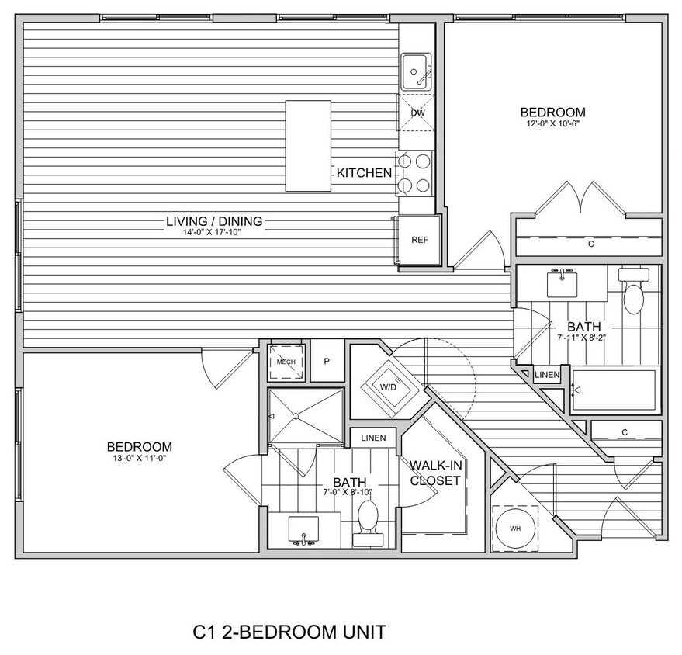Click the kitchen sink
pos(417,72)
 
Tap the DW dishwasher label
pos(417,113)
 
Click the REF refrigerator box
pos(419,240)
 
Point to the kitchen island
pos(308,146)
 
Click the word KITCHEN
pos(364,173)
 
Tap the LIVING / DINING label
pos(214,221)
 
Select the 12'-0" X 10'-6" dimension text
pos(552,123)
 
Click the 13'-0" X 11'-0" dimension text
pos(139,458)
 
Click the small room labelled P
pos(327,362)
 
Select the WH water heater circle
pos(515,529)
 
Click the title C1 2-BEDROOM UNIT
pos(289,632)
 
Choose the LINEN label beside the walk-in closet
pos(373,438)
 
